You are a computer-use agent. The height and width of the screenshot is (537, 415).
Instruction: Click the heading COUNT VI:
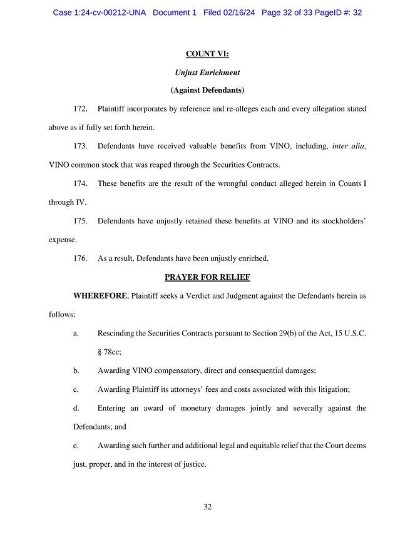(207, 54)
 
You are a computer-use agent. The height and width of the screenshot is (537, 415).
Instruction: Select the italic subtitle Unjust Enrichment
(207, 73)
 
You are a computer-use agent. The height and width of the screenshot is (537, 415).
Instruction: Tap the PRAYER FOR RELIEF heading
(207, 277)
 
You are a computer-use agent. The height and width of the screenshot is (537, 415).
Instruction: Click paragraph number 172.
(80, 109)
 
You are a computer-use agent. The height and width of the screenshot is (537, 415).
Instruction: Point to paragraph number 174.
(80, 183)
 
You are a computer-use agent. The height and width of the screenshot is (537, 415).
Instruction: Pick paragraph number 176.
(80, 258)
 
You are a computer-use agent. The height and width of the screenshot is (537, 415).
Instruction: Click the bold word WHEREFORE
(100, 295)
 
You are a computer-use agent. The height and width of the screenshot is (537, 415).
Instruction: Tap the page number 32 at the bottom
(207, 507)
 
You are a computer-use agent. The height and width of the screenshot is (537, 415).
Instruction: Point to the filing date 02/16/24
(240, 13)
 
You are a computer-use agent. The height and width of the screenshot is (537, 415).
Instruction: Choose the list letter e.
(76, 446)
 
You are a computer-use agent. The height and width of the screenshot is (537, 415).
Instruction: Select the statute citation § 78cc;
(110, 352)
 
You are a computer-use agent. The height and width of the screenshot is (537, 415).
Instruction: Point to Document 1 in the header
(175, 13)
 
